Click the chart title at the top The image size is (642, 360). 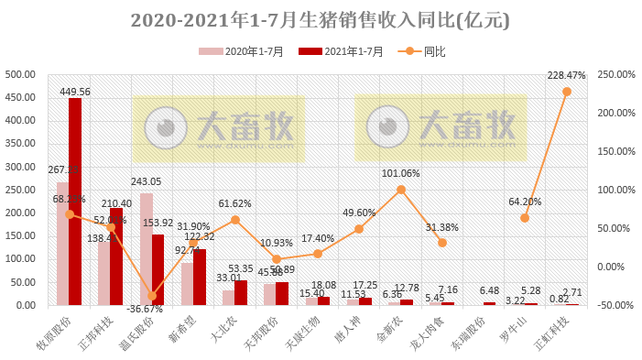(321, 19)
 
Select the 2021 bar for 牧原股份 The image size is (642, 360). (75, 202)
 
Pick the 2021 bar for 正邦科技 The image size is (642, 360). (116, 256)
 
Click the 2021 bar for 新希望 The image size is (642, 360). (200, 277)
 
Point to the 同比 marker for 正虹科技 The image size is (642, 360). (566, 92)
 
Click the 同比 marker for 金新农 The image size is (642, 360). (400, 190)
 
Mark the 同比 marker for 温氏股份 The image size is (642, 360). (152, 296)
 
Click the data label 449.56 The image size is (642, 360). (74, 92)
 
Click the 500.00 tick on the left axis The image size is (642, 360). (20, 74)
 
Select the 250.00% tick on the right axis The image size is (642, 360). (617, 74)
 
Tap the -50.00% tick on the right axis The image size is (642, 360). (618, 305)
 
